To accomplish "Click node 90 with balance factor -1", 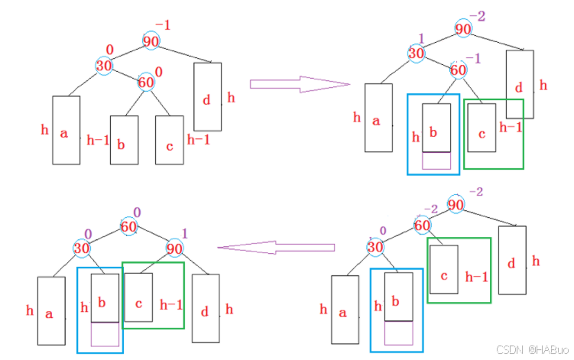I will coord(151,41).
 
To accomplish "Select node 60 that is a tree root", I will coord(129,227).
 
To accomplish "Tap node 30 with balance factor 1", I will coord(416,53).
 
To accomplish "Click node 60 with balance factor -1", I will coord(458,70).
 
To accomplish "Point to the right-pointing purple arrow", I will coord(299,83).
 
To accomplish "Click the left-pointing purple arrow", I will coord(277,247).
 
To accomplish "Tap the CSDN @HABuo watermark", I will coord(530,349).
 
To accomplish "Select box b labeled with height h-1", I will coord(124,140).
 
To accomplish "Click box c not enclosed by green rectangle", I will coord(169,140).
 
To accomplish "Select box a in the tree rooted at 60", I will coord(50,311).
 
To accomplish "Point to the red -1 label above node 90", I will coord(162,25).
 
